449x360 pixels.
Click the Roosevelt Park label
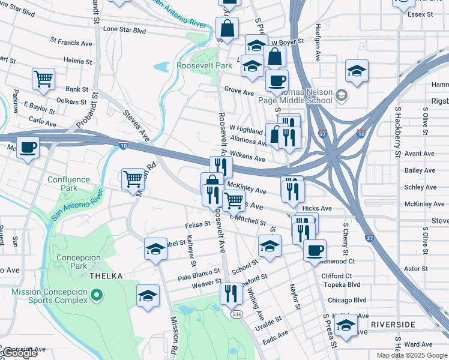[204, 65]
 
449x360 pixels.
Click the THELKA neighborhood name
[106, 275]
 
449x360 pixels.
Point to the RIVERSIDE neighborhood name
[393, 324]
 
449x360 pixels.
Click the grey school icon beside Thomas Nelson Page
[341, 95]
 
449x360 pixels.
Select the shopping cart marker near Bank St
[43, 79]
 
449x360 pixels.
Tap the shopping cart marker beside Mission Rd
[133, 178]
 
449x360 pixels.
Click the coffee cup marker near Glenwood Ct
[314, 250]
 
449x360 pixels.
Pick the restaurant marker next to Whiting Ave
[229, 293]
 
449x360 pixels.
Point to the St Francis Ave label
[71, 43]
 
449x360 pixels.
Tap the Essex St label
[421, 14]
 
